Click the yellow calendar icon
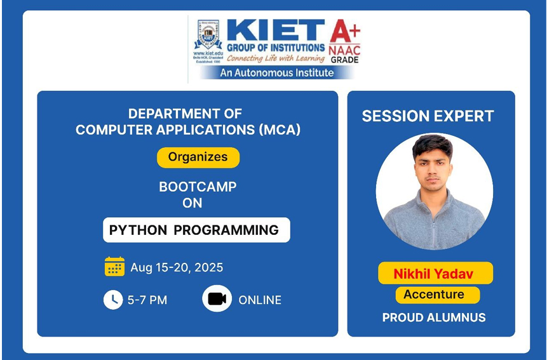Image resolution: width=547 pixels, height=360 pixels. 114,267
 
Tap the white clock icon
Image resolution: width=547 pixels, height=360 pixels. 113,300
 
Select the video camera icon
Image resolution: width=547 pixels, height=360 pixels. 217,299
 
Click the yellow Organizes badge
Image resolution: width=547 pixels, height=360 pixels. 198,157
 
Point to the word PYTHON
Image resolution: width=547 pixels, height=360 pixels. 137,230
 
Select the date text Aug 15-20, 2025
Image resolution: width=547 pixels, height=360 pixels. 177,267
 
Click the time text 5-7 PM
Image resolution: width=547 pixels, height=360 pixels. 147,300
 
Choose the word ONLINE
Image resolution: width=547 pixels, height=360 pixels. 260,300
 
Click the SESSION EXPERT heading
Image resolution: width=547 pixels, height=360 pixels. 428,116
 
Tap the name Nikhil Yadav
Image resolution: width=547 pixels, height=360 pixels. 435,274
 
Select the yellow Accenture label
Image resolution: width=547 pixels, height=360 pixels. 434,295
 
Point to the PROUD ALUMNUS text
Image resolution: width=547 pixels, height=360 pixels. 434,317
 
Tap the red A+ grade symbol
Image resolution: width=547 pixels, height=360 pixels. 344,30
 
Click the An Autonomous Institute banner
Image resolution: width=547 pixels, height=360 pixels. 277,72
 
